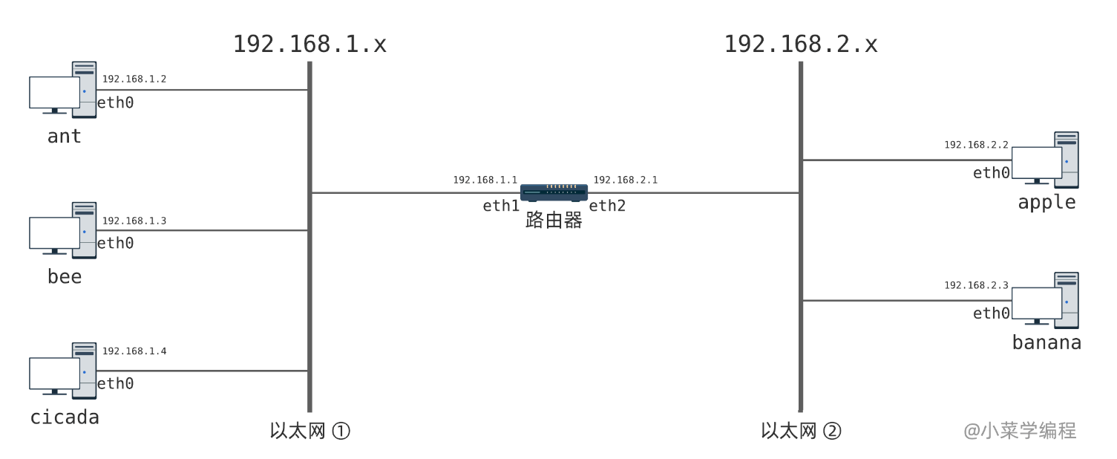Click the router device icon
tap(554, 193)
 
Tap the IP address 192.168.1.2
tap(134, 79)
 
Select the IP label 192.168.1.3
tap(134, 221)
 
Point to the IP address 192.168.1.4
tap(134, 351)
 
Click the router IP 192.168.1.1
tap(485, 180)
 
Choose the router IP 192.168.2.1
tap(625, 180)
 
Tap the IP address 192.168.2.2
tap(976, 145)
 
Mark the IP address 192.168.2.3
tap(976, 285)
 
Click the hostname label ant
tap(65, 137)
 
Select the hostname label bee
tap(65, 277)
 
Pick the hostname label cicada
tap(65, 417)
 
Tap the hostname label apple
tap(1046, 202)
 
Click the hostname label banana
tap(1046, 342)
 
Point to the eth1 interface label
tap(501, 206)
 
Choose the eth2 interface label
tap(607, 206)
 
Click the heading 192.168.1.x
tap(309, 45)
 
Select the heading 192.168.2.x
tap(801, 45)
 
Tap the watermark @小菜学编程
tap(1020, 431)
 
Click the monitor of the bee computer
tap(54, 232)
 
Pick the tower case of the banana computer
tap(1067, 300)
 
